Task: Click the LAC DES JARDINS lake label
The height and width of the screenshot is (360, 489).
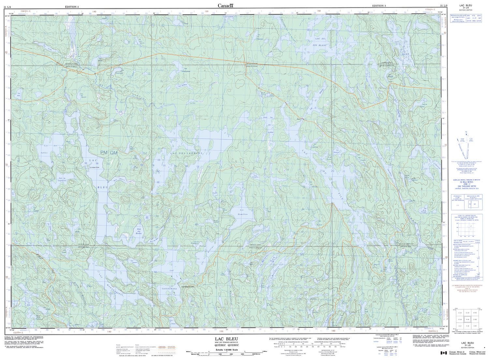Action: [x=189, y=153]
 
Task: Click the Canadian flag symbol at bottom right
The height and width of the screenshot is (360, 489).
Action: [x=443, y=353]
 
